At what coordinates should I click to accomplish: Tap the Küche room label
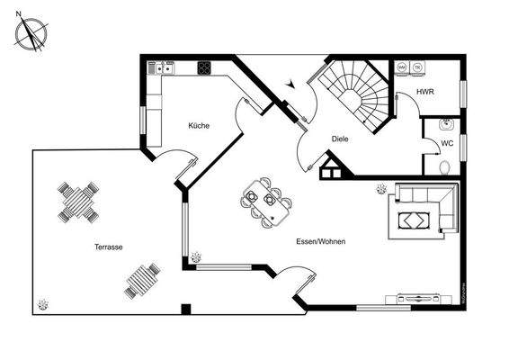[199, 125]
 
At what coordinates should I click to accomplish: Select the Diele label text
[340, 139]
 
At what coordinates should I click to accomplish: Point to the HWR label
[425, 93]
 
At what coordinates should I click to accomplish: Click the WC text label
[447, 143]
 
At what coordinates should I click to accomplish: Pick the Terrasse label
[109, 247]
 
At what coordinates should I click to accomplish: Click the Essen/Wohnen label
[321, 241]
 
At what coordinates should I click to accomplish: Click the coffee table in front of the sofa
[414, 220]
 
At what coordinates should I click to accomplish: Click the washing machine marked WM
[402, 67]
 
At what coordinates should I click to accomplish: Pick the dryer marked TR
[417, 67]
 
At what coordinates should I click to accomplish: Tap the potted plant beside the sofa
[381, 190]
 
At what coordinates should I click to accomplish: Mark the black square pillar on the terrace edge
[185, 309]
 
